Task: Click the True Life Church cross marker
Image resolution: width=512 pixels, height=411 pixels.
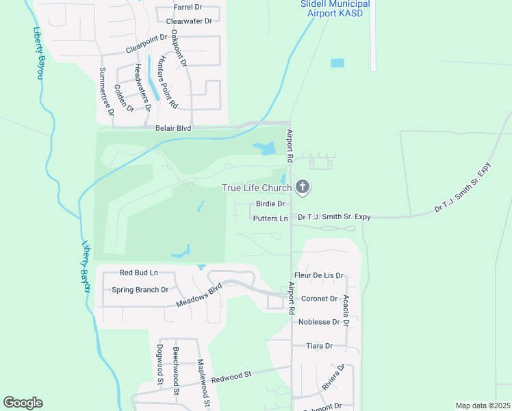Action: [x=303, y=187]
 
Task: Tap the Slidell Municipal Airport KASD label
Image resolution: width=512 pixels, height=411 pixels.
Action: [x=335, y=8]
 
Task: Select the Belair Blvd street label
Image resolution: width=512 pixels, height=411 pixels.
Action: [x=168, y=128]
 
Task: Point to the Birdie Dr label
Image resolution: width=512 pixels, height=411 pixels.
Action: [x=270, y=203]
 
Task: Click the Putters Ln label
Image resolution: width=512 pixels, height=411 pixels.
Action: [x=270, y=219]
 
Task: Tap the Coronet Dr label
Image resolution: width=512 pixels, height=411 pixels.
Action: [x=320, y=299]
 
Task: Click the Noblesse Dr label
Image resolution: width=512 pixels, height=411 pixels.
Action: [x=320, y=322]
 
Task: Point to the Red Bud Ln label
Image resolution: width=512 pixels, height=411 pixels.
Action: [x=138, y=273]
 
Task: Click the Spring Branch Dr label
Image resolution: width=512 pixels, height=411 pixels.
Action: [x=140, y=290]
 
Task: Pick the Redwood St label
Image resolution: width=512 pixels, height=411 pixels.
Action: [x=231, y=377]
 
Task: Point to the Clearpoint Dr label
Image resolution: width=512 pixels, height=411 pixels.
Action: [x=146, y=45]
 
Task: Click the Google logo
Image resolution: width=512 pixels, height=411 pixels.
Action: [x=23, y=403]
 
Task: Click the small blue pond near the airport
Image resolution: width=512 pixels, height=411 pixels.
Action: [x=337, y=63]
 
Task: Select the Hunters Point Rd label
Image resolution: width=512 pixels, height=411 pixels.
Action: [x=168, y=82]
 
